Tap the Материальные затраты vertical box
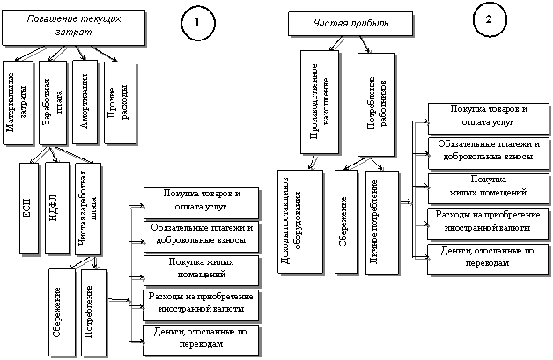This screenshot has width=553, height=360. [20, 102]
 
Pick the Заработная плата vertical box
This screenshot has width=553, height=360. [53, 100]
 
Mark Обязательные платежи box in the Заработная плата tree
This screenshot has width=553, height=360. [202, 233]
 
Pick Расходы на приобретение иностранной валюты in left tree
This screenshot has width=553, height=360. [202, 304]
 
